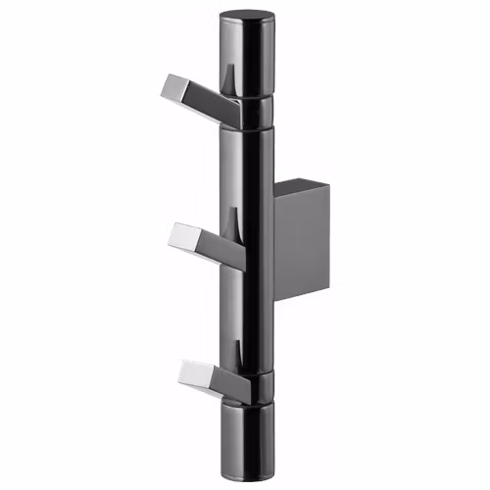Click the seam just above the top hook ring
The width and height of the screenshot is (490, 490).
click(246, 96)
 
